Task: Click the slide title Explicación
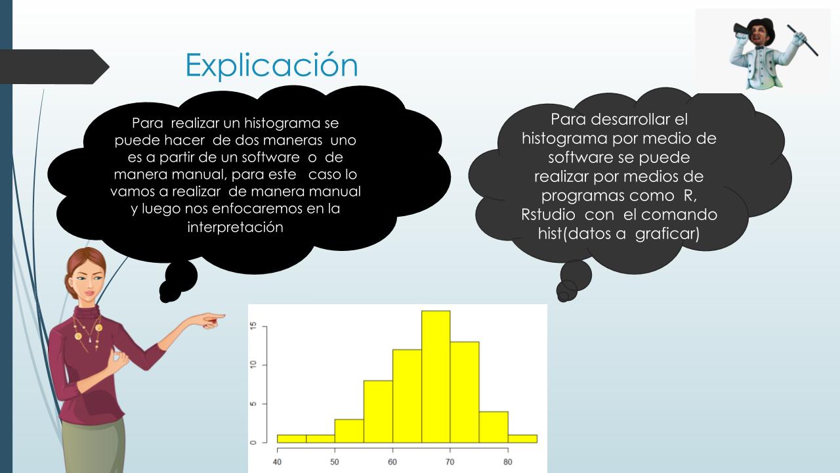click(272, 65)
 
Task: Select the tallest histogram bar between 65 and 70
click(436, 376)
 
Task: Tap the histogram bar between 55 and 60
click(378, 411)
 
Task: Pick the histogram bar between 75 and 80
click(493, 427)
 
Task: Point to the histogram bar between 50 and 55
click(349, 431)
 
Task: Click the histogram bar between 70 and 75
click(465, 392)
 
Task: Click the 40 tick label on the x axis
click(277, 462)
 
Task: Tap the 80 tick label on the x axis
click(508, 462)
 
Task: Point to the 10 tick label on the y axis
click(254, 365)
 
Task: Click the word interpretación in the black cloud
click(235, 227)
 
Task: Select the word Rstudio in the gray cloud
click(548, 215)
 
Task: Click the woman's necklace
click(88, 332)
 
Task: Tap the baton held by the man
click(802, 40)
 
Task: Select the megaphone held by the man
click(743, 30)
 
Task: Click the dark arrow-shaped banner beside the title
click(54, 67)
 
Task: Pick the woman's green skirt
click(94, 447)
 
